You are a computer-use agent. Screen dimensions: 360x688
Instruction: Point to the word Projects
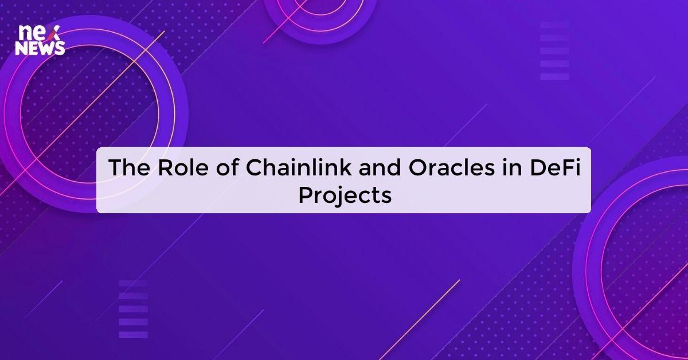tap(345, 195)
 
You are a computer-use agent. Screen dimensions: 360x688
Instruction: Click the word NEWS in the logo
tap(40, 49)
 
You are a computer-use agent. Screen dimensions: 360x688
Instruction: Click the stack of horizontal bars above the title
tap(554, 51)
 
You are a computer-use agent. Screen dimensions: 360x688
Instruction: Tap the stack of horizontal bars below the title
tap(133, 309)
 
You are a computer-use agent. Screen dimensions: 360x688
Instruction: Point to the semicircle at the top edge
tap(319, 17)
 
